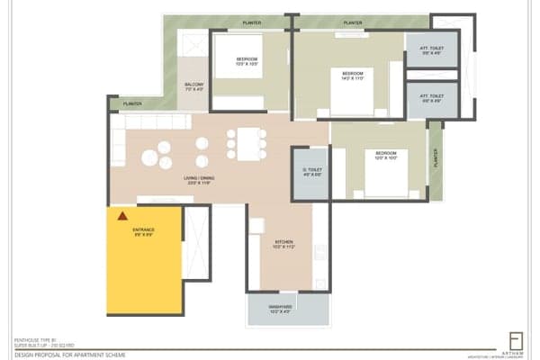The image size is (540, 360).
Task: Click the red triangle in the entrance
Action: click(121, 216)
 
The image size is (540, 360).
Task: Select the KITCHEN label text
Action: click(284, 243)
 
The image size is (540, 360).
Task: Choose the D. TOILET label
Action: click(310, 171)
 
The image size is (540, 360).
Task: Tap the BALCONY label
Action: click(195, 86)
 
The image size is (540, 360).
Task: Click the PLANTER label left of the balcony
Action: click(133, 103)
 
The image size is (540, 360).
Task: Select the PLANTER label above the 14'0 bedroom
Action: click(353, 22)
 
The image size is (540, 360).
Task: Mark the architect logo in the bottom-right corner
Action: click(515, 343)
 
